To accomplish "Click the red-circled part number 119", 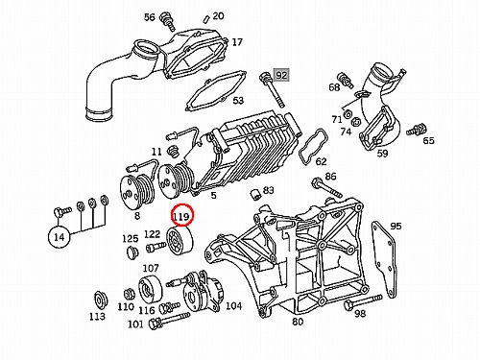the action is coord(181,217).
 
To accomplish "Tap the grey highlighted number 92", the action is coord(281,76).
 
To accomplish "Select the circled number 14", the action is coord(60,237).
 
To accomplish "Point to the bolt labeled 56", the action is coord(168,22).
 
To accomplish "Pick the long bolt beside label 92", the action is coord(272,90).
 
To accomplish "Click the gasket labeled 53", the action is coord(216,90).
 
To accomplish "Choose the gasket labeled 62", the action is coord(312,147).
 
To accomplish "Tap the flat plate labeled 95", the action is coord(384,260).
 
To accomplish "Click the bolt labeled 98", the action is coord(363,301).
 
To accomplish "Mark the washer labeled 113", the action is coord(101,300).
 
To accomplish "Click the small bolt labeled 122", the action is coord(156,247).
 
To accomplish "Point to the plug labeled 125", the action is coord(131,252).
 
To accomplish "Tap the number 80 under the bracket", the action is coord(298,322).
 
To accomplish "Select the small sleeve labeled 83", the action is coord(254,195).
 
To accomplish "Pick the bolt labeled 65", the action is coord(417,129).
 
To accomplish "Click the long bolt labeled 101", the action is coord(169,321).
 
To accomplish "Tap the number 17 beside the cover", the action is coord(237,42).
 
